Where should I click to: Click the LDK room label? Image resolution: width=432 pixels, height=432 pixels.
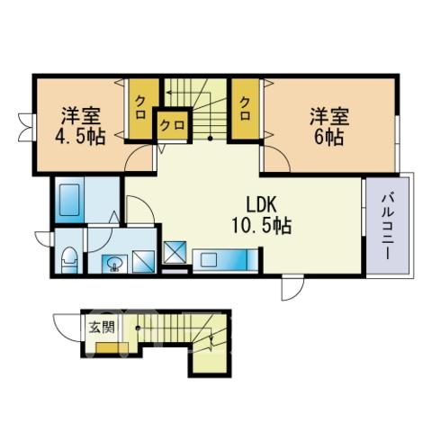tap(261, 204)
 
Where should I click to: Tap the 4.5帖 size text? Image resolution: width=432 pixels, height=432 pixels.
tap(80, 137)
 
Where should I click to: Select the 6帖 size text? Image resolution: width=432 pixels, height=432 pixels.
tap(328, 137)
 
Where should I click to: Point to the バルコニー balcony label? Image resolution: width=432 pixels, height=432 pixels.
tap(387, 227)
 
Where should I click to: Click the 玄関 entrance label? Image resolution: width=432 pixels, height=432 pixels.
tap(102, 327)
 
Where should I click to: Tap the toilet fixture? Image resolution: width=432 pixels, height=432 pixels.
tap(69, 260)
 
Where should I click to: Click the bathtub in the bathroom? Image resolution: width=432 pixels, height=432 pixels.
tap(69, 200)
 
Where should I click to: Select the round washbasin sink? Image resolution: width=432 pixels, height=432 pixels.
tap(114, 264)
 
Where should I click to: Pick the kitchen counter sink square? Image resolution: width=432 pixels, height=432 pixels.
tap(209, 259)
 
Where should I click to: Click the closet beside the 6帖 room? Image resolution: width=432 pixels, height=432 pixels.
tap(246, 109)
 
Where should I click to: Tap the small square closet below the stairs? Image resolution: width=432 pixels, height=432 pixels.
tap(173, 125)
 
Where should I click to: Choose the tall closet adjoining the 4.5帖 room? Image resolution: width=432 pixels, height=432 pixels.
tap(141, 109)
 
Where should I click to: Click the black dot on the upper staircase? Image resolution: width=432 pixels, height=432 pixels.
tap(210, 139)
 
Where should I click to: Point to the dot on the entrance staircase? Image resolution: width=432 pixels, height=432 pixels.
tap(138, 328)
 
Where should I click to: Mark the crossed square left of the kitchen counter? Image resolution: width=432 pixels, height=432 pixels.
tap(175, 252)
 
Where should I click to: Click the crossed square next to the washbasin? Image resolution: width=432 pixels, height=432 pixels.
tap(144, 262)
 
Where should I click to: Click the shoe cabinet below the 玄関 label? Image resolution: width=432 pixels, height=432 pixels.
tap(112, 347)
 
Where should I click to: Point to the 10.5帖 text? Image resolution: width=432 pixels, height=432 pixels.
tap(261, 226)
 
